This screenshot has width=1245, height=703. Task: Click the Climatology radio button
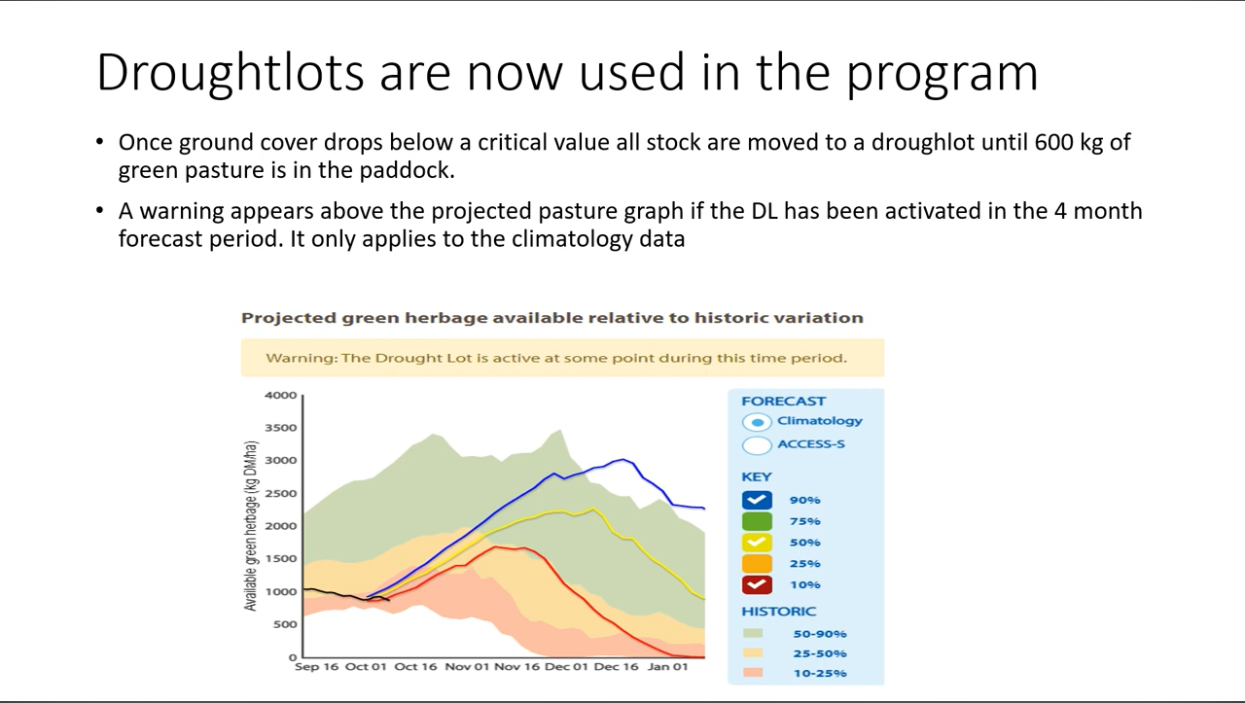pyautogui.click(x=758, y=422)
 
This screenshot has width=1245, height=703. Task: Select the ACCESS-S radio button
pyautogui.click(x=758, y=445)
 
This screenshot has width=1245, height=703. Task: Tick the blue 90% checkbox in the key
pyautogui.click(x=757, y=500)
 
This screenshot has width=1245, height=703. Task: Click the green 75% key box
pyautogui.click(x=757, y=521)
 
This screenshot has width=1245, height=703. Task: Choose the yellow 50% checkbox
pyautogui.click(x=757, y=543)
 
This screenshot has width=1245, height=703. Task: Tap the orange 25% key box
pyautogui.click(x=757, y=564)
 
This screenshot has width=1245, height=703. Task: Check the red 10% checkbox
pyautogui.click(x=757, y=585)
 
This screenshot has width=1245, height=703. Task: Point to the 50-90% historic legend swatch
pyautogui.click(x=753, y=634)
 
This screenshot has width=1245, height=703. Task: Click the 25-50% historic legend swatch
pyautogui.click(x=753, y=653)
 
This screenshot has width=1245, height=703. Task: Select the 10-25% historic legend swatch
pyautogui.click(x=753, y=673)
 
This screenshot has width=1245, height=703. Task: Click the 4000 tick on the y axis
pyautogui.click(x=280, y=396)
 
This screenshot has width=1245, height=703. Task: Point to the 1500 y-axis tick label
pyautogui.click(x=280, y=559)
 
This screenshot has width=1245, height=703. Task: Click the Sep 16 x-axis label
pyautogui.click(x=318, y=667)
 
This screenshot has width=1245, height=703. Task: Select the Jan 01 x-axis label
pyautogui.click(x=667, y=667)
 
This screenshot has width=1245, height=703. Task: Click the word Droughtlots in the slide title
pyautogui.click(x=230, y=73)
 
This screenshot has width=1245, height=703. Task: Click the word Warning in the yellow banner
pyautogui.click(x=301, y=358)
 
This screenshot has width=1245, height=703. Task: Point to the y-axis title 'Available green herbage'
pyautogui.click(x=251, y=526)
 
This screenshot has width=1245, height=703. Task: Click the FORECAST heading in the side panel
pyautogui.click(x=783, y=401)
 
